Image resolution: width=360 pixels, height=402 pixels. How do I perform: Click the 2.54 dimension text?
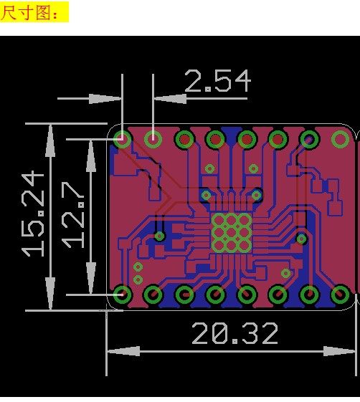217,81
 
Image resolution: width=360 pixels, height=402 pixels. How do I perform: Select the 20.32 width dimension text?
235,333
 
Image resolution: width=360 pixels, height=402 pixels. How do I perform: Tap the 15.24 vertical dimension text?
33,215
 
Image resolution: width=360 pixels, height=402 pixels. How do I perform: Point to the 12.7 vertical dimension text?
73,215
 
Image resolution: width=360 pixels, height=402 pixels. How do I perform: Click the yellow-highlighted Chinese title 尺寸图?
29,12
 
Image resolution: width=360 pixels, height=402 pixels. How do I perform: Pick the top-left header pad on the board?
122,139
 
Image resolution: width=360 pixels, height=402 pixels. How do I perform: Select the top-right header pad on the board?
340,139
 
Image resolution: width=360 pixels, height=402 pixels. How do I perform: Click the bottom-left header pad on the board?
122,295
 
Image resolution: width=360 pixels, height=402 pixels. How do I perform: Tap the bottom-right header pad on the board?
340,295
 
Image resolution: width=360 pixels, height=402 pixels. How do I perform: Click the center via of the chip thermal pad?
231,233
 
